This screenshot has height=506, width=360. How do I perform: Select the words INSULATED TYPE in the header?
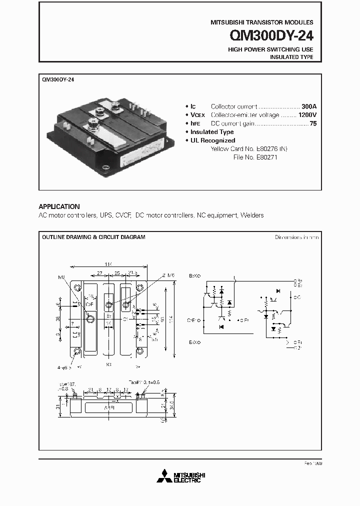click(x=291, y=57)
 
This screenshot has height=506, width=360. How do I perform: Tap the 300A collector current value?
click(x=309, y=106)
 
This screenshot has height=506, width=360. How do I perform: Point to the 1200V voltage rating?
click(x=307, y=115)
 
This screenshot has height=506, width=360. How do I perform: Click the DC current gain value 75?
click(x=313, y=123)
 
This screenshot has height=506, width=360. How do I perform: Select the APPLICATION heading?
click(x=59, y=206)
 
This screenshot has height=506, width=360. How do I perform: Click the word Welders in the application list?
click(x=251, y=215)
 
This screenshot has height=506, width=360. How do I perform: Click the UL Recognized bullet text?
click(x=212, y=140)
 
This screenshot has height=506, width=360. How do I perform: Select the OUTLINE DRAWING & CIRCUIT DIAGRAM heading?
click(x=93, y=237)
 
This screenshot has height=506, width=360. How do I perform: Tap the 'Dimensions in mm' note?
click(x=296, y=237)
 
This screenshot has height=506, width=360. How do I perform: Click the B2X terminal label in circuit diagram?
click(x=194, y=275)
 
